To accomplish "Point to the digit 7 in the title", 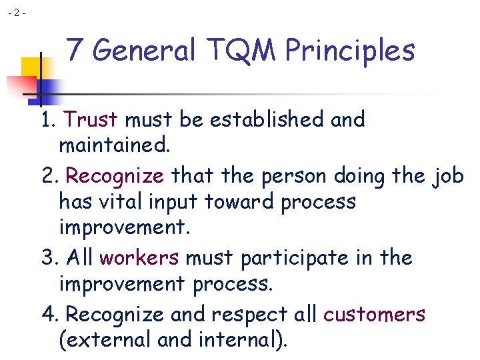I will pyautogui.click(x=75, y=51).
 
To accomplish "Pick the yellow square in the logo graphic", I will pyautogui.click(x=31, y=67).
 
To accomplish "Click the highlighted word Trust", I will pyautogui.click(x=91, y=120).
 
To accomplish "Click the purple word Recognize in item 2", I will pyautogui.click(x=115, y=176).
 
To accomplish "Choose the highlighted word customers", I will pyautogui.click(x=374, y=314).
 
